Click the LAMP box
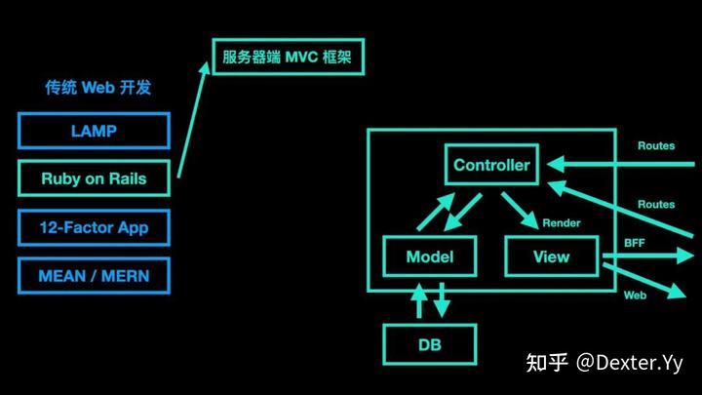(x=94, y=131)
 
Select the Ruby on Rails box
(x=94, y=178)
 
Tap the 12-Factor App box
(x=94, y=227)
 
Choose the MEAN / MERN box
(x=94, y=275)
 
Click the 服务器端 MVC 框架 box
(x=288, y=59)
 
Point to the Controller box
(x=491, y=165)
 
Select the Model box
(x=430, y=257)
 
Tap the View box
(x=552, y=257)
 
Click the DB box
(x=430, y=344)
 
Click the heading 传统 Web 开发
(x=97, y=88)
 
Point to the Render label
(x=561, y=223)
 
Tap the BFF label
(x=635, y=242)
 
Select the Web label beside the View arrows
(x=635, y=294)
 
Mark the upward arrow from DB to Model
(x=419, y=300)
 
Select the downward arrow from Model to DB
(x=441, y=300)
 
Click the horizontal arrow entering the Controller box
(x=624, y=164)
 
